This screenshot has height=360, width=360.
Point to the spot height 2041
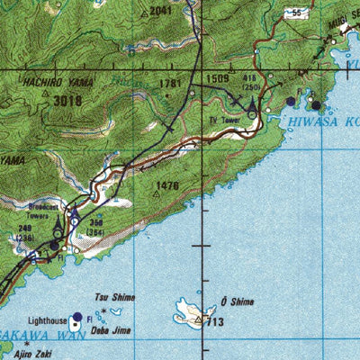click(x=160, y=11)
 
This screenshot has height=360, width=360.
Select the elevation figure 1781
click(x=171, y=84)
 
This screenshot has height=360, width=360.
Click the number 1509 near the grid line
click(x=219, y=79)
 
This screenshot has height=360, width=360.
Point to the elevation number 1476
click(x=168, y=186)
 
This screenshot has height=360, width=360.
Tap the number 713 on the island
click(x=214, y=321)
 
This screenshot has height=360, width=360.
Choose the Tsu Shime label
click(x=113, y=296)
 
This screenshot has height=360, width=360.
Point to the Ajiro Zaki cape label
click(x=43, y=355)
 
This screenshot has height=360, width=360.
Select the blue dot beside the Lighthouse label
click(x=77, y=317)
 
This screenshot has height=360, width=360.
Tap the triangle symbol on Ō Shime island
click(x=199, y=319)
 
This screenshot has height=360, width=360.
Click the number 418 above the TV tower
click(x=251, y=79)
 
